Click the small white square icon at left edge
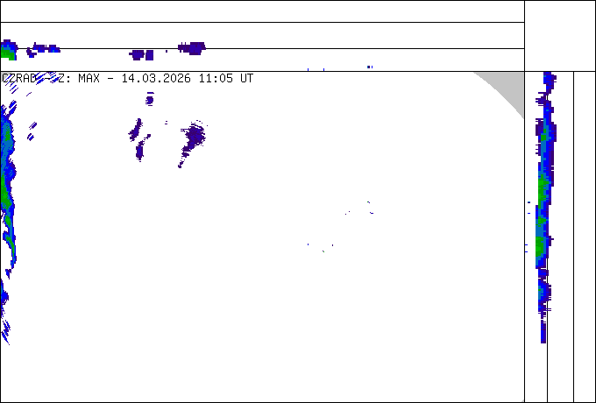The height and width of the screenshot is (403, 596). [4, 77]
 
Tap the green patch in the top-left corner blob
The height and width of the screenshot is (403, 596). [7, 53]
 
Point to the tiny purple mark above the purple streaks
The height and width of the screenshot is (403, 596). [150, 98]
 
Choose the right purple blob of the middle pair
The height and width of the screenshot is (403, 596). [192, 137]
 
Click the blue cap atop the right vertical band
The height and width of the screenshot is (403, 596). [549, 79]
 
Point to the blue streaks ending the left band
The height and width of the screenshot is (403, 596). [4, 329]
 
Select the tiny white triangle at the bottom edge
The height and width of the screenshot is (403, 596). [522, 400]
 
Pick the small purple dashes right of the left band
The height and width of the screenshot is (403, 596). [31, 131]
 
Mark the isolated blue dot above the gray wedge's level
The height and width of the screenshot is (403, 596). [369, 67]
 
